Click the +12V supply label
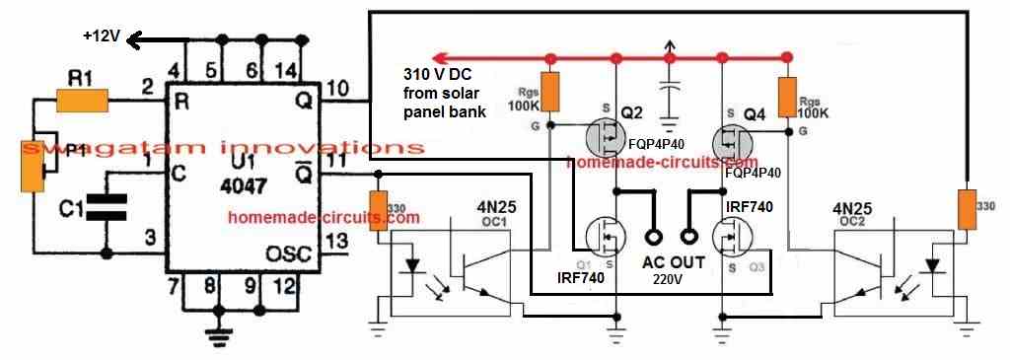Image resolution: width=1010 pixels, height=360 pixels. tap(102, 37)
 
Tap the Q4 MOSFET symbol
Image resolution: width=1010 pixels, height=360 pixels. tap(731, 138)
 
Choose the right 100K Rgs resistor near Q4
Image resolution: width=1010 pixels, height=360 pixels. tap(787, 96)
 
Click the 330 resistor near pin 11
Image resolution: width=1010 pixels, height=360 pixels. tap(375, 212)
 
